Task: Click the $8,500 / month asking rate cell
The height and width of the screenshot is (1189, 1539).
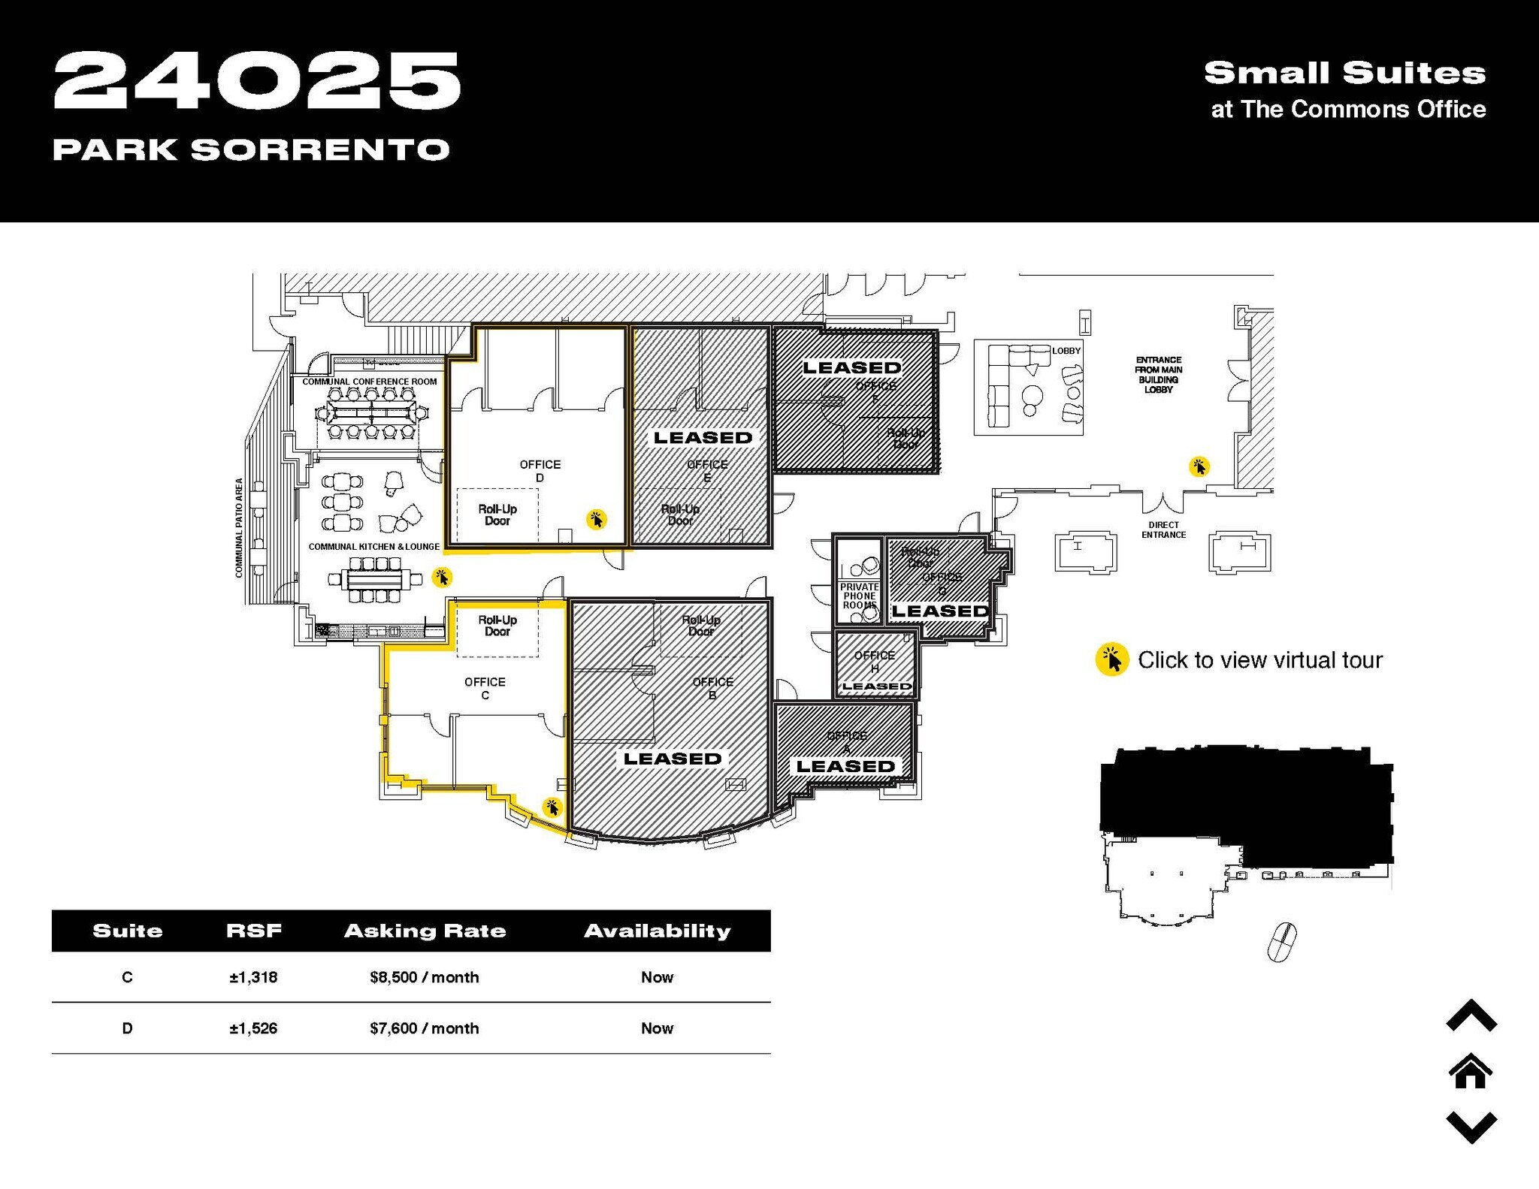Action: coord(424,977)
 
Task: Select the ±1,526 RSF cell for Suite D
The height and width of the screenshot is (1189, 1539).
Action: coord(253,1028)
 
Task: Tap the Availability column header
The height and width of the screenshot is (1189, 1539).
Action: coord(657,931)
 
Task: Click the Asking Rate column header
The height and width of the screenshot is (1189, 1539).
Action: coord(425,931)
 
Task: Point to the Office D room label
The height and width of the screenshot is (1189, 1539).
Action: coord(540,471)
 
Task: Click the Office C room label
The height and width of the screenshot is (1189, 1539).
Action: coord(485,688)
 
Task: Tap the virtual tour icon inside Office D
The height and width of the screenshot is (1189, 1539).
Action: coord(597,519)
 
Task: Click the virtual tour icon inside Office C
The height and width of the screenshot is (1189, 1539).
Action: coord(552,807)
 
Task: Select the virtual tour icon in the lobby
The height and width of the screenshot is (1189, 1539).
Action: coord(1199,466)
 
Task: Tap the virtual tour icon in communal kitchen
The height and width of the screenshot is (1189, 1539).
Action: coord(442,577)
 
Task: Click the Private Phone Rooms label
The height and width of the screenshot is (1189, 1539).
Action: coord(859,596)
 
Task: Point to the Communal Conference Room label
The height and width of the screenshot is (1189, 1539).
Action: coord(369,382)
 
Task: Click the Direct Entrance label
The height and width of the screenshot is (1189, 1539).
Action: coord(1163,530)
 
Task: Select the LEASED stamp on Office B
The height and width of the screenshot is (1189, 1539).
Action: coord(672,759)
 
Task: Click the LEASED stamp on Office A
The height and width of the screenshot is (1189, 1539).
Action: coord(845,766)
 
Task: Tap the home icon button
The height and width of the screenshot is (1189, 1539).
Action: coord(1471,1072)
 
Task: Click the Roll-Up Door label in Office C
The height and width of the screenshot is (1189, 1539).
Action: coord(497,626)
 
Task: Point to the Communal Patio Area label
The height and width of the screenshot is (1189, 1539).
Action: coord(239,527)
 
